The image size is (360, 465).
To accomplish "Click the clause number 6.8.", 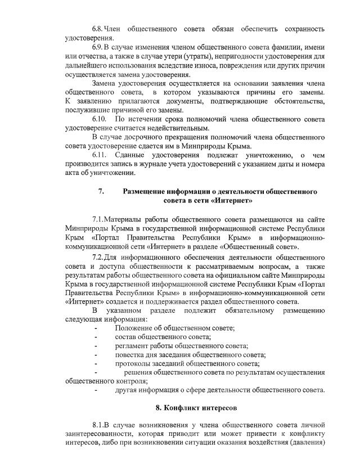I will tap(99, 29).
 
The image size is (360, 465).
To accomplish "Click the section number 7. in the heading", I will tap(101, 192).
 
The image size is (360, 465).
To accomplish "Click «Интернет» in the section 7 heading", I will tap(232, 200).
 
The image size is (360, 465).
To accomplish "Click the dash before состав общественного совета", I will tap(96, 337).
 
